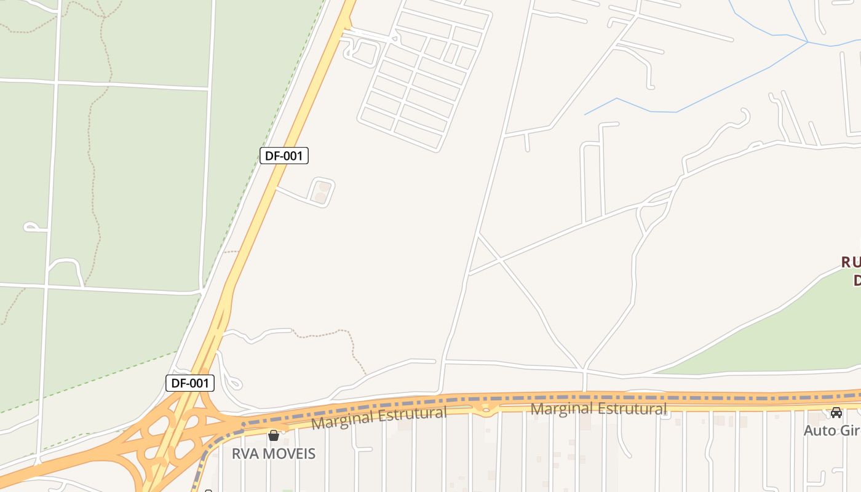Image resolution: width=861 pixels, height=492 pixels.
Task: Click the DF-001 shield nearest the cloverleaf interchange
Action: (x=190, y=383)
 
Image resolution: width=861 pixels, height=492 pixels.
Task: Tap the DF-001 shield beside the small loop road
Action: (x=284, y=156)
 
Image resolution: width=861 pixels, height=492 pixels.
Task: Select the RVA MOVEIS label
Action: (x=274, y=454)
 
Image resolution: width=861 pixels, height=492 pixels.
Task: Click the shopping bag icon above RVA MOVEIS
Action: (x=274, y=436)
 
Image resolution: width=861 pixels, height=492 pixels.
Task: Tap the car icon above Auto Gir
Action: (x=836, y=413)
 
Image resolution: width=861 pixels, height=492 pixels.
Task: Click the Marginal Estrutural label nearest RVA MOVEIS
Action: (x=379, y=418)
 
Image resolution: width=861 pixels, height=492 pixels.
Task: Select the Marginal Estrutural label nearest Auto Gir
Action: (x=598, y=408)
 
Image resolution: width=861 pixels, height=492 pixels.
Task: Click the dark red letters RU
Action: (x=851, y=263)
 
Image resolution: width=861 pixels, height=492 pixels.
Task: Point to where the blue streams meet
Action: (x=807, y=42)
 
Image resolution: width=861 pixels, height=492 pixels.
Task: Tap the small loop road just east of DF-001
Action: (x=322, y=191)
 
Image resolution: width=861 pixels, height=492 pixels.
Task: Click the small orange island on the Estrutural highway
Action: (x=486, y=407)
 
